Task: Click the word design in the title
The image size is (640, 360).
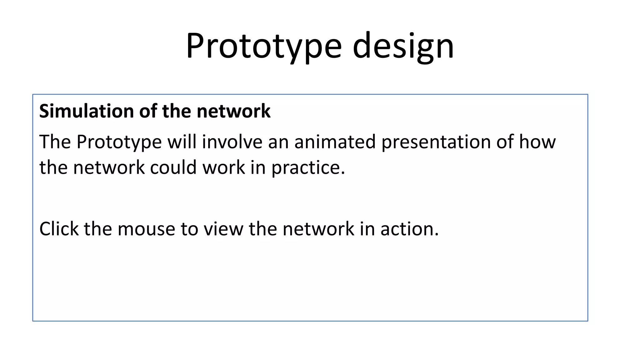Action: [403, 46]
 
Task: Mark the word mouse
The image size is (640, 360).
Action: [146, 229]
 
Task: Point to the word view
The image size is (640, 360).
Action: [223, 229]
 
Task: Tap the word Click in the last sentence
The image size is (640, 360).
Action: [59, 229]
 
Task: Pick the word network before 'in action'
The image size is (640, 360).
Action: [318, 229]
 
